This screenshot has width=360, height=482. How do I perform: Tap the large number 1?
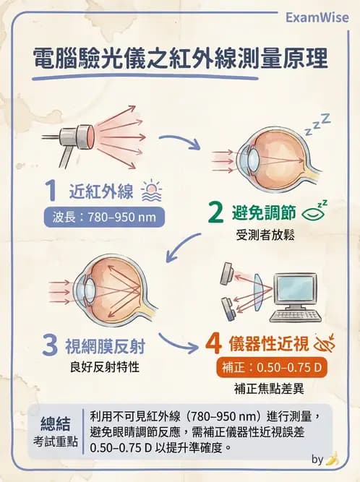tap(50, 191)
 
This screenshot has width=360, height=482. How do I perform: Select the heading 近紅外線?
tap(100, 192)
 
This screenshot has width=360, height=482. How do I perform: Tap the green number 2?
tap(215, 212)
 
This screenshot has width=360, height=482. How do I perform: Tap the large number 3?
tap(50, 345)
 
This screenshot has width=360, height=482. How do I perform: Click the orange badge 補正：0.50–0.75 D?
tap(272, 367)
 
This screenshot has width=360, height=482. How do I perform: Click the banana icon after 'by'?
tap(333, 459)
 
